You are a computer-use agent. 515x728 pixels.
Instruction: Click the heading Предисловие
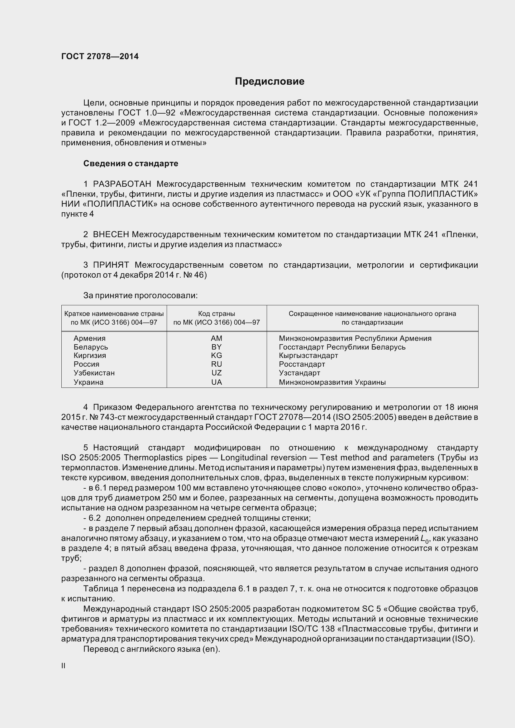pyautogui.click(x=269, y=82)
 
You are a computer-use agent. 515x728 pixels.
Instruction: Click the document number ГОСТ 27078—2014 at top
pyautogui.click(x=100, y=56)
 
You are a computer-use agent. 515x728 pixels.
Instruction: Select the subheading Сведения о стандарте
pyautogui.click(x=131, y=163)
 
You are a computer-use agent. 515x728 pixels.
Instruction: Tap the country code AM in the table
pyautogui.click(x=217, y=338)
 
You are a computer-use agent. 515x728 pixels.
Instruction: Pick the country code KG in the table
pyautogui.click(x=217, y=355)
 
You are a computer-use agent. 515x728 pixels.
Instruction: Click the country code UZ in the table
pyautogui.click(x=217, y=373)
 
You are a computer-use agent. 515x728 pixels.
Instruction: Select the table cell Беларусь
pyautogui.click(x=91, y=347)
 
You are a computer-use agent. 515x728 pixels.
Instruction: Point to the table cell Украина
pyautogui.click(x=88, y=382)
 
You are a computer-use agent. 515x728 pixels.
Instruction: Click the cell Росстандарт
pyautogui.click(x=302, y=364)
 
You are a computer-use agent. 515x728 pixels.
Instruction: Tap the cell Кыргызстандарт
pyautogui.click(x=308, y=355)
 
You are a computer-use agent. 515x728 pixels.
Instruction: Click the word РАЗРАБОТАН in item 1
pyautogui.click(x=122, y=184)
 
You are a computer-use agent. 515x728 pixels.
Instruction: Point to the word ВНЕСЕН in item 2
pyautogui.click(x=111, y=235)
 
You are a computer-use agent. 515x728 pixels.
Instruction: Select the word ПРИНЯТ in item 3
pyautogui.click(x=111, y=265)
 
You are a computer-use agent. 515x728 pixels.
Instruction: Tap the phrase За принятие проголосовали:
pyautogui.click(x=140, y=295)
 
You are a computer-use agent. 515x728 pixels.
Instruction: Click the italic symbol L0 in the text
pyautogui.click(x=425, y=538)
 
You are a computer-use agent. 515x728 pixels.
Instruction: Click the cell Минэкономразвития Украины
pyautogui.click(x=332, y=382)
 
